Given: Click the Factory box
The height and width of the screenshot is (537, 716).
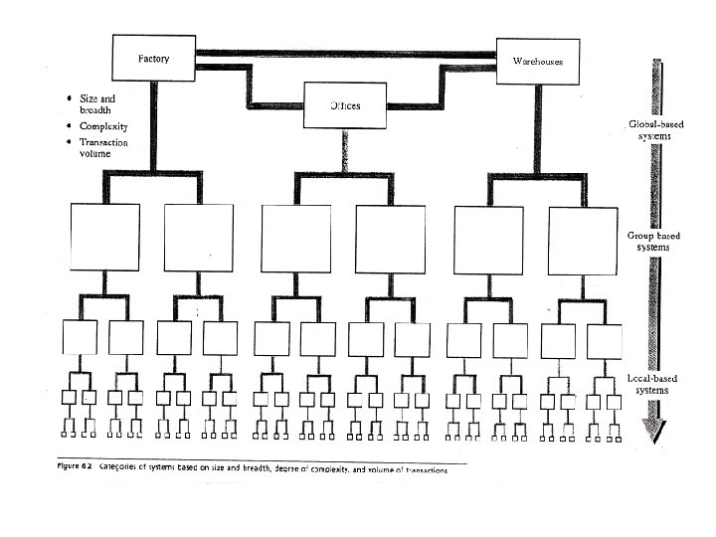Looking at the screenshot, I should click(153, 59).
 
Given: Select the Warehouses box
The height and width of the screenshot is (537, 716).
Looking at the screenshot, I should click(537, 62).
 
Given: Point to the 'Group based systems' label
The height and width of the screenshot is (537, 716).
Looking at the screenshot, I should click(653, 242).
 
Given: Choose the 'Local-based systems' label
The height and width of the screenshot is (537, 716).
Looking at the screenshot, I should click(653, 384).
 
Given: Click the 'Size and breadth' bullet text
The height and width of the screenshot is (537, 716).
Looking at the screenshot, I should click(97, 103).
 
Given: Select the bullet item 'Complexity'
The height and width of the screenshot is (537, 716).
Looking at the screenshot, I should click(102, 126).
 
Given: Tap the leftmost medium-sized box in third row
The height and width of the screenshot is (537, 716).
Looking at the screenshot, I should click(80, 339).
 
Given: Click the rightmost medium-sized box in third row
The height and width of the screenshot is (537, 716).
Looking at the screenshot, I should click(605, 339).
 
